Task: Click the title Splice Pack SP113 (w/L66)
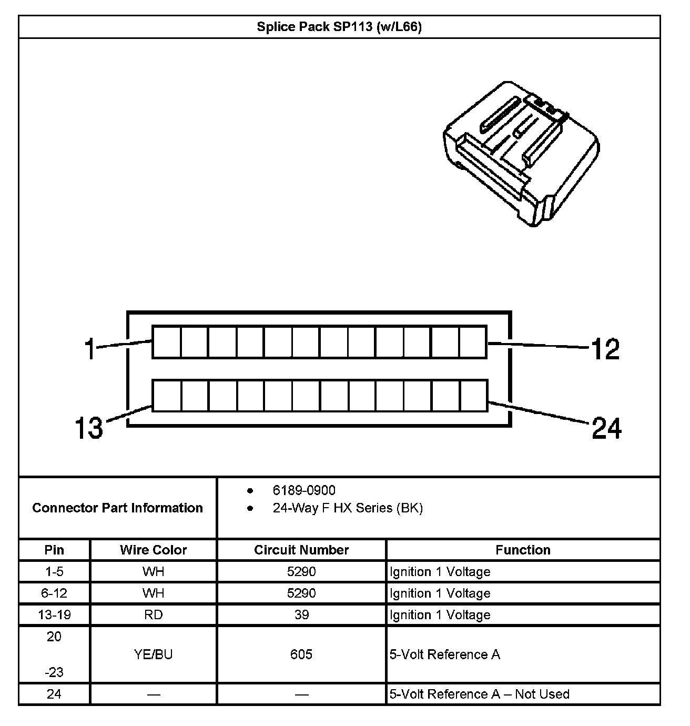coord(339,27)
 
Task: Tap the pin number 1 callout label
coord(90,349)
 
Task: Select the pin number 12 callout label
coord(605,349)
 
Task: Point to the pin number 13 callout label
coord(88,427)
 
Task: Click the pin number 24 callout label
coord(606,428)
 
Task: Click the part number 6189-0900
coord(304,490)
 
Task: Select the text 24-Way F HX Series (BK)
coord(348,508)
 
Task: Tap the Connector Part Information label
coord(117,508)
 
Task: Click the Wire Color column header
coord(153,550)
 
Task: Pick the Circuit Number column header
coord(301,550)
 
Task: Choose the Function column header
coord(523,550)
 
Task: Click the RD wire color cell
coord(153,614)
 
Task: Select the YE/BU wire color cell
coord(153,654)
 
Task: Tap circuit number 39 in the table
coord(301,614)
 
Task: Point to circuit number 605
coord(301,654)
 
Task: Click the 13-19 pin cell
coord(54,614)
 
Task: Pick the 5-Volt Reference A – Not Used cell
coord(479,694)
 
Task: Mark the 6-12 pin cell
coord(54,593)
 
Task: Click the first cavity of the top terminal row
coord(167,342)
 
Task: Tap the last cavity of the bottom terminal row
coord(474,396)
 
